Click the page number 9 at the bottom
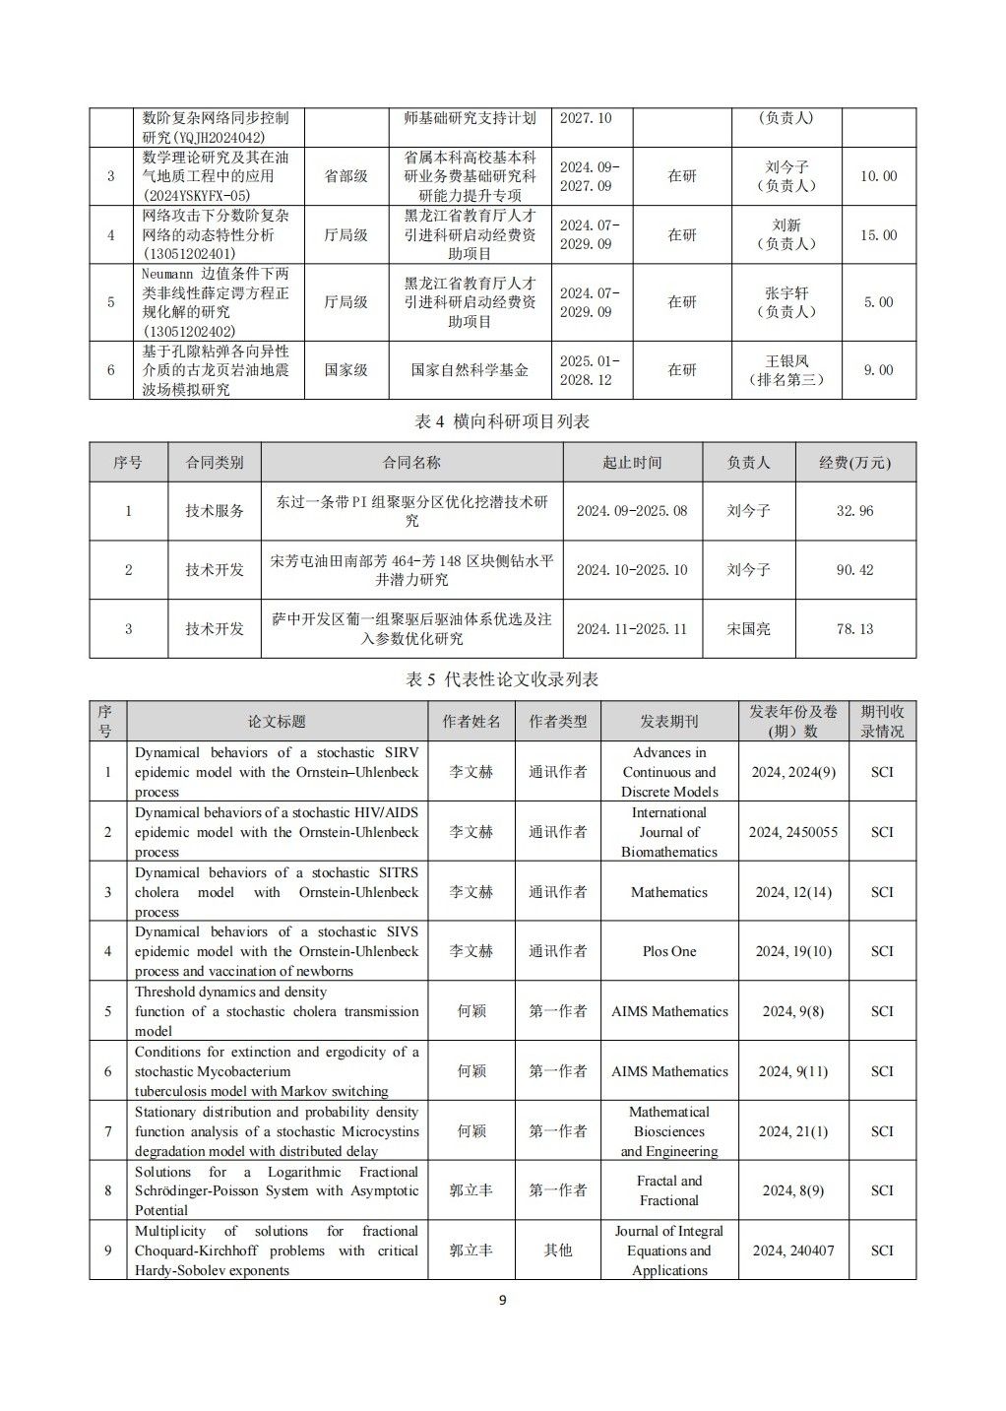click(502, 1300)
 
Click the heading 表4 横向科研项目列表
click(502, 421)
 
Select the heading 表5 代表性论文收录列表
click(502, 679)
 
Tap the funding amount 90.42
click(854, 570)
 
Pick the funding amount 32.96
click(854, 511)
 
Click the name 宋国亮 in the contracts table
click(748, 629)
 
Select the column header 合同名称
click(411, 462)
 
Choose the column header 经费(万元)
click(854, 462)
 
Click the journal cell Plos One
click(669, 951)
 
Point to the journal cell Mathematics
click(669, 892)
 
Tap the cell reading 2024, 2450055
click(793, 832)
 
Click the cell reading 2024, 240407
click(793, 1251)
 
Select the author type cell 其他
click(558, 1251)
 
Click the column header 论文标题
click(277, 722)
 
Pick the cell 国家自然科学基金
click(470, 370)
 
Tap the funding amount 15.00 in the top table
click(879, 235)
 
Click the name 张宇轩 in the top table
click(786, 293)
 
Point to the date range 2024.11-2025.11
click(632, 629)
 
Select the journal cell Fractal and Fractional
click(669, 1190)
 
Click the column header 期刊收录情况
click(882, 722)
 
